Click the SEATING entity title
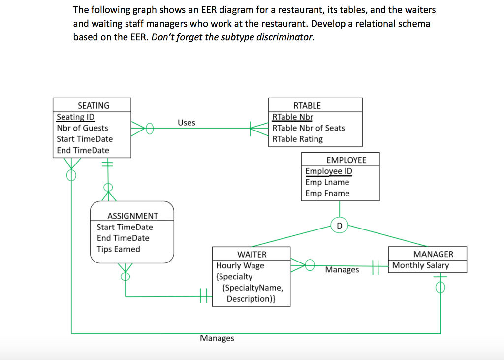(x=94, y=105)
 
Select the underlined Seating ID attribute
(x=75, y=117)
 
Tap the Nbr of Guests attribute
(x=82, y=128)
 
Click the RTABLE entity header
(x=307, y=105)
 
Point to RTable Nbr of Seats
(x=309, y=128)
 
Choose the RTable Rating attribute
(x=297, y=139)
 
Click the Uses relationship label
(x=187, y=123)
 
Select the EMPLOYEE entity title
(x=346, y=160)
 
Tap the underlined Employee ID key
(x=328, y=171)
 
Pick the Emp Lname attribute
(x=327, y=182)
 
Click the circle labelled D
(x=339, y=226)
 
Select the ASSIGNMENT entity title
(x=133, y=216)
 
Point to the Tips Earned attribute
(x=118, y=249)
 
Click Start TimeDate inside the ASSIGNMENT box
(x=125, y=227)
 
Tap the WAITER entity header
(x=252, y=254)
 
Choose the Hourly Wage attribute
(x=240, y=265)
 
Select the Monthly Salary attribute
(x=420, y=265)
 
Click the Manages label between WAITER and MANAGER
(x=342, y=270)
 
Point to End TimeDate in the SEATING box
(x=83, y=150)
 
